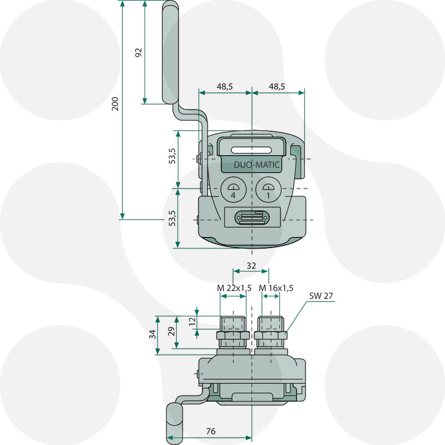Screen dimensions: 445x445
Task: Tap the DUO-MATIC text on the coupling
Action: (x=257, y=165)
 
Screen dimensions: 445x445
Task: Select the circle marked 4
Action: (x=234, y=190)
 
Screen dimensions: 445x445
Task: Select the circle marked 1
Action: (x=268, y=190)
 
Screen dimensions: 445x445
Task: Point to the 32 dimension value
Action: (x=251, y=266)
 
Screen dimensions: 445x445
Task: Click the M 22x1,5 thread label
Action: (x=234, y=288)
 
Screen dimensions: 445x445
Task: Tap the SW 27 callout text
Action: (x=322, y=296)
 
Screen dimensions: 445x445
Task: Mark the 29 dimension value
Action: (x=172, y=332)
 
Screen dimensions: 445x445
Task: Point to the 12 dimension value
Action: (x=192, y=321)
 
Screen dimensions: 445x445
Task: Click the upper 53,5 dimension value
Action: (x=172, y=156)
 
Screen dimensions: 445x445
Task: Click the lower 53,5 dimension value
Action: (x=172, y=217)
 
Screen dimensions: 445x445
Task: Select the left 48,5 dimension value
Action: (x=225, y=86)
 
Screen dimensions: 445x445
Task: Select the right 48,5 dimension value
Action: (x=276, y=86)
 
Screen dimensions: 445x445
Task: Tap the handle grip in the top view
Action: (x=170, y=53)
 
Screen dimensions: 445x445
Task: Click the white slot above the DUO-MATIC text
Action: (x=253, y=150)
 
